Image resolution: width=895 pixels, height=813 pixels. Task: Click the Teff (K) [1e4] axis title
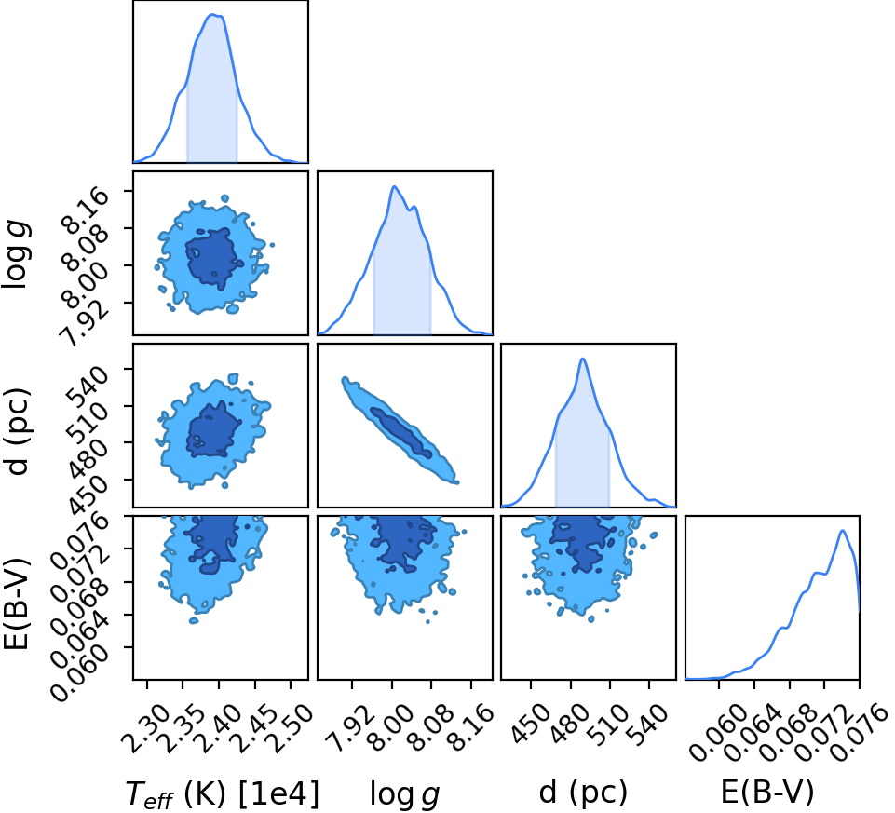222,794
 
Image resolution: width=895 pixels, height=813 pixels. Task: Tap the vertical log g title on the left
17,256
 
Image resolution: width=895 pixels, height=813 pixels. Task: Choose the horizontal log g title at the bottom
405,794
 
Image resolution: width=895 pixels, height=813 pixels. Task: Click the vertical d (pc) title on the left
17,431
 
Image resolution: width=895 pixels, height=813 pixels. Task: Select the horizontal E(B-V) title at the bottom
767,793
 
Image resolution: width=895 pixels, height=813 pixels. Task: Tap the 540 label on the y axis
88,385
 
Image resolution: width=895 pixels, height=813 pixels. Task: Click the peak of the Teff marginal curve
213,15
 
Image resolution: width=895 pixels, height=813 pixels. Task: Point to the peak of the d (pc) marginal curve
583,359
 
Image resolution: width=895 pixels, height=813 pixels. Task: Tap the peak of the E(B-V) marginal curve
842,531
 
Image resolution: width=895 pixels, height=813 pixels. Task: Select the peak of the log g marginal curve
394,186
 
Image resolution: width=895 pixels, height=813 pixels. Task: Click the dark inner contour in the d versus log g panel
401,433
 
